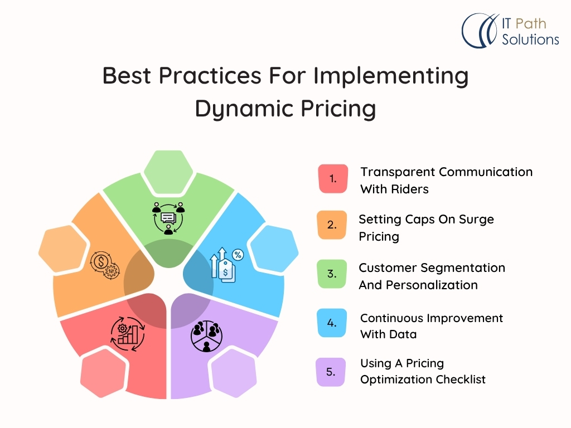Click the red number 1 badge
333,179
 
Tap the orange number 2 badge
331,225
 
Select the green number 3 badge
332,274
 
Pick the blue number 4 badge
332,323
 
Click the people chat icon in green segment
168,218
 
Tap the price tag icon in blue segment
227,264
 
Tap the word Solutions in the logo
530,39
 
